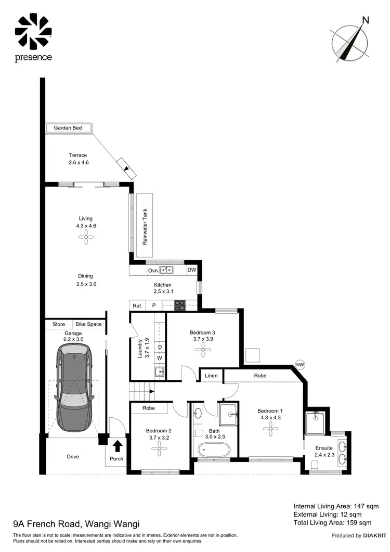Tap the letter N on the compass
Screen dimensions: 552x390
(x=366, y=20)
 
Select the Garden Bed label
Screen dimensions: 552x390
(x=68, y=128)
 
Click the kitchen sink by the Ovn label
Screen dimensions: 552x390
(x=166, y=270)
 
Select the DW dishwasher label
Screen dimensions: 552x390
(x=191, y=270)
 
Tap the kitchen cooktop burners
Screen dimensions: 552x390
(x=180, y=306)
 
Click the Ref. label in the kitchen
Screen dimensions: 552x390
(x=137, y=306)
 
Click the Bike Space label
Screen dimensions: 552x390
(x=88, y=324)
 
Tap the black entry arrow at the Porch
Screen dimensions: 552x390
(x=118, y=446)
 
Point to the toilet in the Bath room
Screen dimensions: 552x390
(x=198, y=433)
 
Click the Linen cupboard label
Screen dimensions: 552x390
(x=212, y=375)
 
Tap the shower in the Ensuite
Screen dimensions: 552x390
(x=317, y=422)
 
